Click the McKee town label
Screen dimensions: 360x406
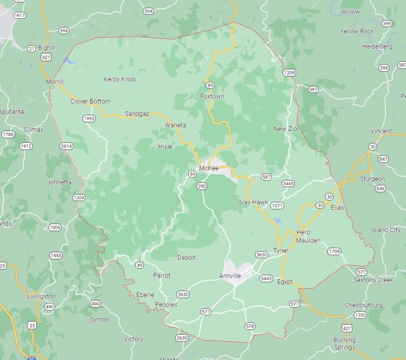pos(209,168)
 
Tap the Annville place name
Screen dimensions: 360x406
pos(230,275)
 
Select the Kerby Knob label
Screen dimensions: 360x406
pos(119,79)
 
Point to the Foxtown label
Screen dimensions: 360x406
pos(212,96)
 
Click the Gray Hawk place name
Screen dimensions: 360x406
pos(253,202)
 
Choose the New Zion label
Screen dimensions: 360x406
pos(287,129)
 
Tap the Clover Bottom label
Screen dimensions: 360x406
pos(90,101)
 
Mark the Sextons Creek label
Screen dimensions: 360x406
pos(373,280)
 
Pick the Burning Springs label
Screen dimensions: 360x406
pos(344,344)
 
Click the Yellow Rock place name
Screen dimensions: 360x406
pos(357,31)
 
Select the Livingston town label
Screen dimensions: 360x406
pos(41,296)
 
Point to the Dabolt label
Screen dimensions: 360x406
pos(186,258)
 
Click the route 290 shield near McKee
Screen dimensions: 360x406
pos(202,186)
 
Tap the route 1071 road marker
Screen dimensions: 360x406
pos(277,205)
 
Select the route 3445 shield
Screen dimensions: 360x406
pos(287,184)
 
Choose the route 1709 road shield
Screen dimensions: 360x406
pos(334,251)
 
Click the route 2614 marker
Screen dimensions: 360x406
pos(66,146)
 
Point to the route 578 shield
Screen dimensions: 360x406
pos(250,326)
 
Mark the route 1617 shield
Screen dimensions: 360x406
pos(19,14)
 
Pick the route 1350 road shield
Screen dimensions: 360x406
pos(360,315)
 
